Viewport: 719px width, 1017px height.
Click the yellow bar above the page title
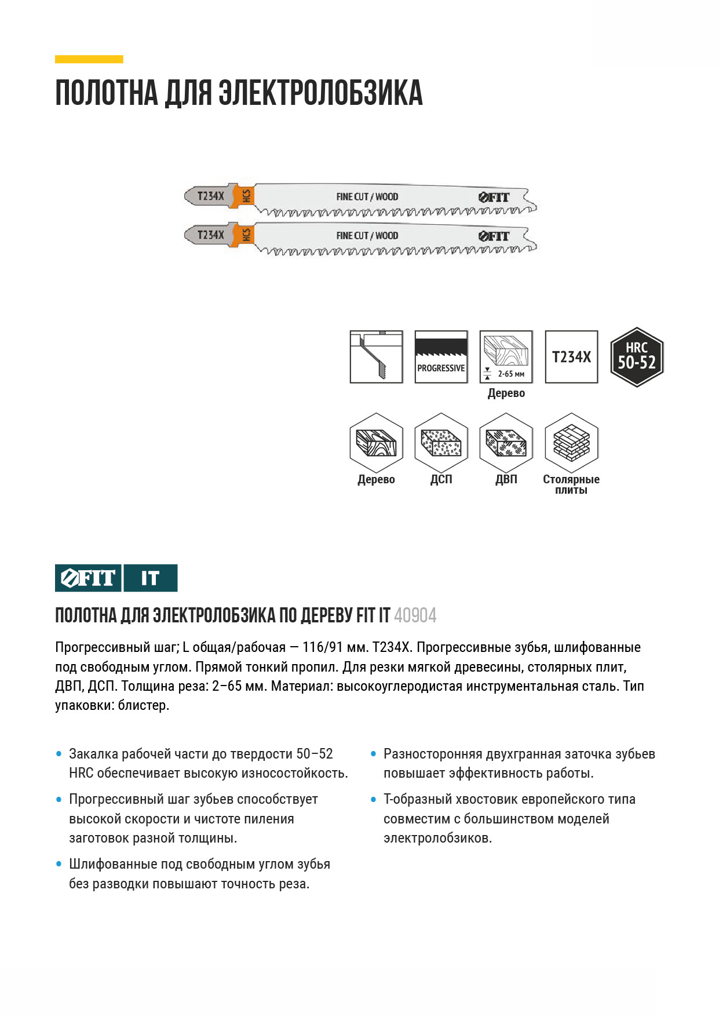(89, 59)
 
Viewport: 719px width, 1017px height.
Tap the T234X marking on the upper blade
(210, 196)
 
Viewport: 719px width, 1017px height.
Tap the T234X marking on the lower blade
(210, 235)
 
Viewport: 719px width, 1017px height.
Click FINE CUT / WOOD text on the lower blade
(367, 236)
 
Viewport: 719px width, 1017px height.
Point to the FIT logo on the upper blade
(494, 197)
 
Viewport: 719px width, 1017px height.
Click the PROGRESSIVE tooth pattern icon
(441, 357)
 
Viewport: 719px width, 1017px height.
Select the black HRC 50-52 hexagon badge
(637, 357)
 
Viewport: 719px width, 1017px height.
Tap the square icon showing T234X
(571, 357)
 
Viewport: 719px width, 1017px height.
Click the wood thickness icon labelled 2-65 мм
(506, 357)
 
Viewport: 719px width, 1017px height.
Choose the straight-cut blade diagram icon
(376, 357)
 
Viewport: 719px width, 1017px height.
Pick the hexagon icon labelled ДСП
(441, 443)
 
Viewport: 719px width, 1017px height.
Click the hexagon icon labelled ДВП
(506, 443)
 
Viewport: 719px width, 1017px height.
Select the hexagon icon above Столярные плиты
(571, 443)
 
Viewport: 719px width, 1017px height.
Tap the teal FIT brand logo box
(88, 578)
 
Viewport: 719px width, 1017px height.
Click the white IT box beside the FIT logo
(150, 578)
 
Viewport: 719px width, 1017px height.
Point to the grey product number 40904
(415, 615)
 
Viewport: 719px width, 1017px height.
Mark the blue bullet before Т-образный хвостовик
(374, 800)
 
